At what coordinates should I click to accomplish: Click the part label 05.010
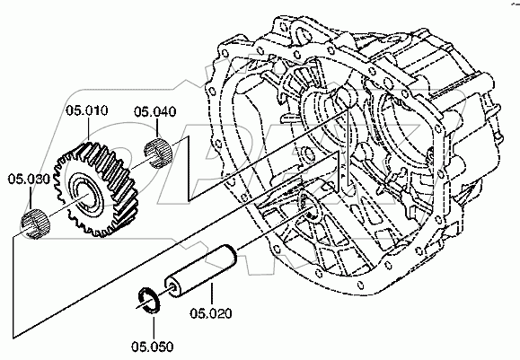[x=87, y=110]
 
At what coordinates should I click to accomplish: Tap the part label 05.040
[x=154, y=111]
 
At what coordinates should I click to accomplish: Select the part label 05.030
[x=29, y=179]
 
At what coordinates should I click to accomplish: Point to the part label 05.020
[x=211, y=313]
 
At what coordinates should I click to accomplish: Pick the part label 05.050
[x=152, y=347]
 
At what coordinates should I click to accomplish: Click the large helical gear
[x=97, y=189]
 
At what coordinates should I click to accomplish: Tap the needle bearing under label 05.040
[x=159, y=153]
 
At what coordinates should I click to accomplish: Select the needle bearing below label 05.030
[x=35, y=224]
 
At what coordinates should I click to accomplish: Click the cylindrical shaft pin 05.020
[x=201, y=270]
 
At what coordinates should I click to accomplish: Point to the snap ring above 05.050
[x=148, y=300]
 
